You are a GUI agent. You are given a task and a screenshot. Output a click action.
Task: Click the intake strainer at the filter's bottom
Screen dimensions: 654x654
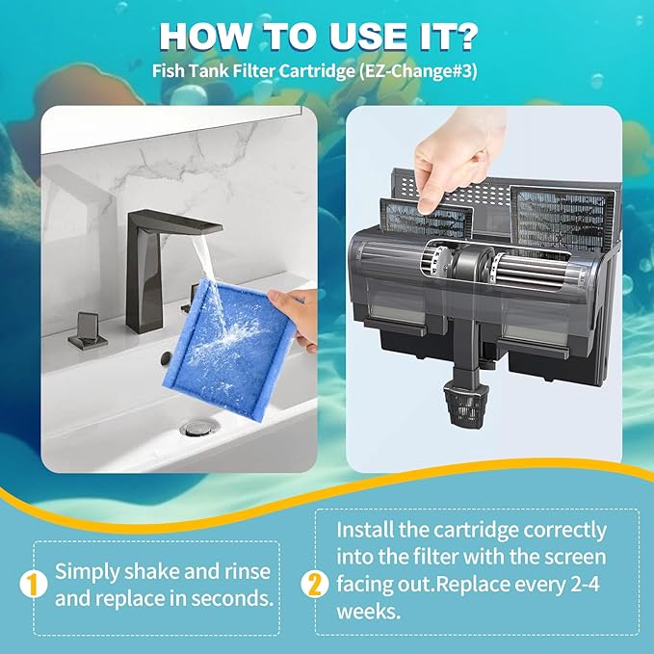(465, 405)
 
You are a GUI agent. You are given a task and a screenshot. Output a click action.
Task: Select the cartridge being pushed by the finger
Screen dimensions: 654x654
(427, 219)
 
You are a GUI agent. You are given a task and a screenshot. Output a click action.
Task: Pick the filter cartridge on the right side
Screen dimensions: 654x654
(562, 217)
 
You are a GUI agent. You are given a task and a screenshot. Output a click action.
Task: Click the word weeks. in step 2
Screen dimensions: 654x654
(368, 612)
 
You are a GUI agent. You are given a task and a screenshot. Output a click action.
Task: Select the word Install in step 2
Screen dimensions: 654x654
(365, 530)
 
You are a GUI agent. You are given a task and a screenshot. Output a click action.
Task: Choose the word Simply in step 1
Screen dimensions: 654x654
(88, 572)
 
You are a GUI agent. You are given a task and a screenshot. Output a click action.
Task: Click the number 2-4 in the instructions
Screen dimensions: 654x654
(585, 584)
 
